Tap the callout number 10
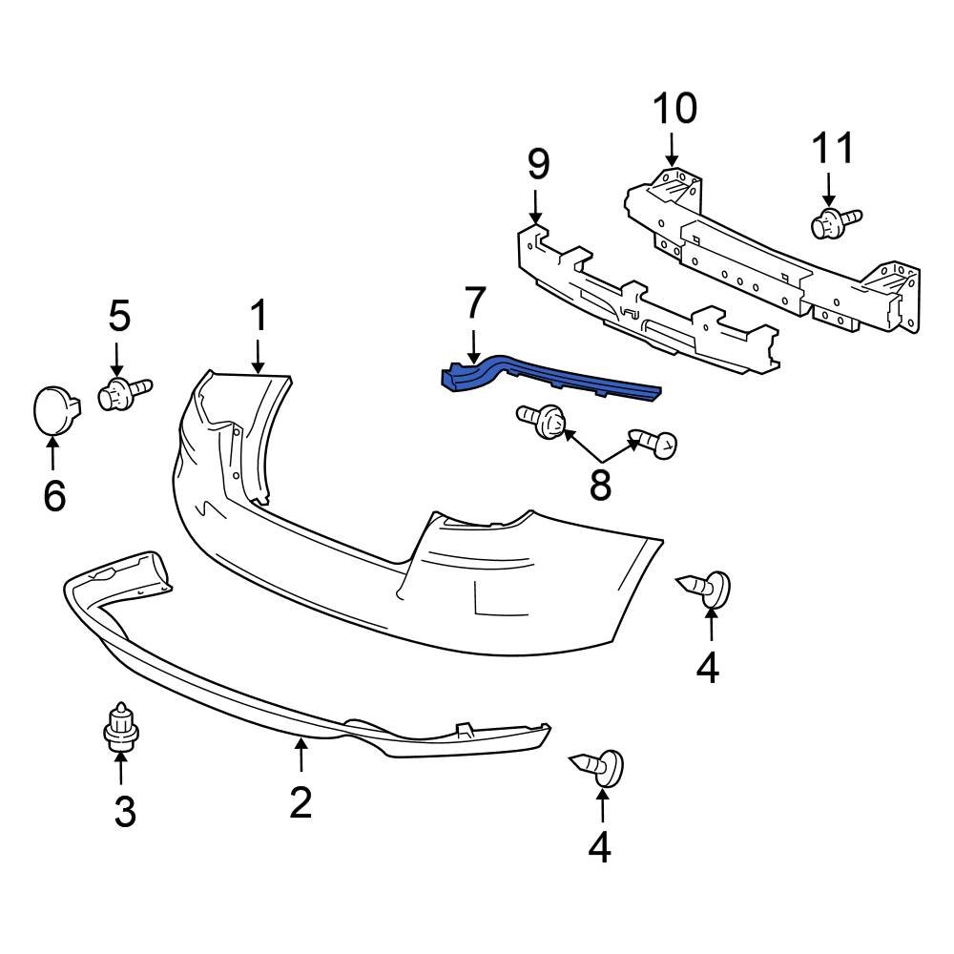click(674, 109)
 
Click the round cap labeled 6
click(54, 409)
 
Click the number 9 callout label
click(538, 164)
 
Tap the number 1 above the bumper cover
click(259, 317)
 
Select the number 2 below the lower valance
click(301, 802)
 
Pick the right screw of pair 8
click(654, 443)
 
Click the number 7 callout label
click(474, 303)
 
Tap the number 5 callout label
click(118, 315)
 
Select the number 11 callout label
click(832, 150)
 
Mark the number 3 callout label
click(125, 812)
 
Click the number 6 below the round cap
click(54, 494)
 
